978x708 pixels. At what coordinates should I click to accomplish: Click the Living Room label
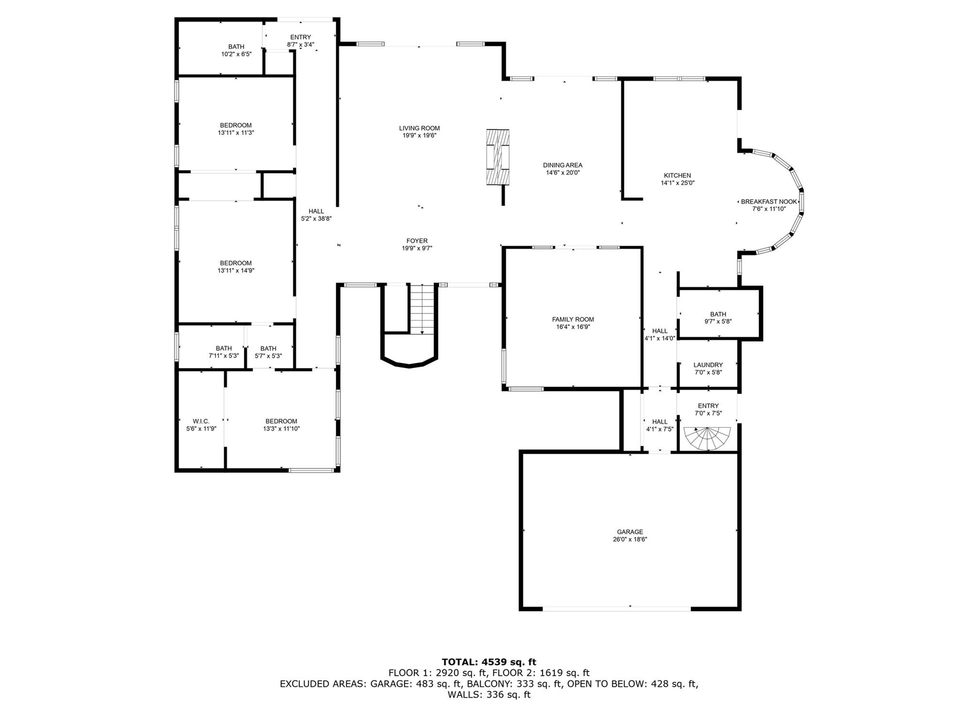tap(419, 128)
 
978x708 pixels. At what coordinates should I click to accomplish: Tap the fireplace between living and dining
tap(498, 157)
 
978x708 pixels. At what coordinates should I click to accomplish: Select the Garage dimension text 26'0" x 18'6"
tap(630, 539)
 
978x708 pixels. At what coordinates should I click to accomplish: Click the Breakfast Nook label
tap(769, 202)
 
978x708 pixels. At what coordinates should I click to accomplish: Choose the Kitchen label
tap(677, 175)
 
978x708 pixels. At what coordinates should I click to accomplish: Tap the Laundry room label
tap(708, 365)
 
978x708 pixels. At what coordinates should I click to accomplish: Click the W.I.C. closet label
tap(201, 421)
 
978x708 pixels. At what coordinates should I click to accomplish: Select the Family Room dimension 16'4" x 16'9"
tap(573, 327)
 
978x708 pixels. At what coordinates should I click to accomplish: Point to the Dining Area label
tap(563, 165)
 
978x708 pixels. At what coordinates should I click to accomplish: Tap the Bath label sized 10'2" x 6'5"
tap(236, 47)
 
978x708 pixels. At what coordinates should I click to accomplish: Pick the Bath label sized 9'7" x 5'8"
tap(718, 314)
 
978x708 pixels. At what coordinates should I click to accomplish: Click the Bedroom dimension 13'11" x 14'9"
tap(236, 271)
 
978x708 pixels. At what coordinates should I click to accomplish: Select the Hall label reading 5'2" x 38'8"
tap(316, 211)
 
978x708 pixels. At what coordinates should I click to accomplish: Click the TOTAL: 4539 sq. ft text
tap(489, 662)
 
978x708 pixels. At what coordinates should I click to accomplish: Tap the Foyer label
tap(417, 241)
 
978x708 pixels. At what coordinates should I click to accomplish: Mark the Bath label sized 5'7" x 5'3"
tap(268, 349)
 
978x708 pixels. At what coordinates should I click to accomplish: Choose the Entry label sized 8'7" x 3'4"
tap(300, 37)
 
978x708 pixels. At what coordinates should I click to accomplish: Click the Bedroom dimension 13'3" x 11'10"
tap(281, 429)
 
